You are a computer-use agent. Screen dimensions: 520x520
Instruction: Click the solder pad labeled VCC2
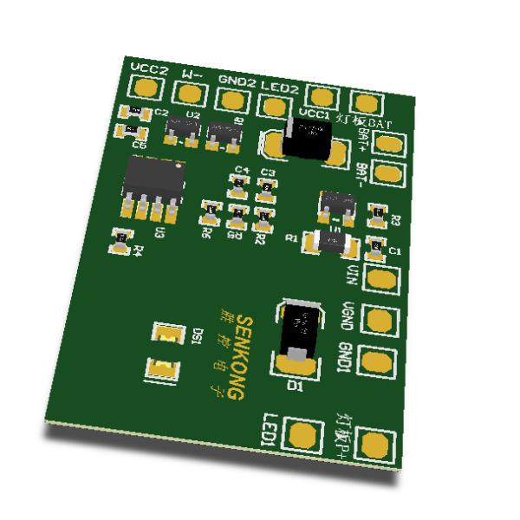(x=148, y=88)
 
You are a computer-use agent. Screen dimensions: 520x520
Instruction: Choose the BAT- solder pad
(x=391, y=174)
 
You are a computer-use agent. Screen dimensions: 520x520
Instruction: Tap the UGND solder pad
(x=375, y=320)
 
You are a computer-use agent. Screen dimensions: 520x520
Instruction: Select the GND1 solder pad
(x=374, y=361)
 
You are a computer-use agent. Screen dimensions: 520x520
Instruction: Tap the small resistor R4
(x=121, y=237)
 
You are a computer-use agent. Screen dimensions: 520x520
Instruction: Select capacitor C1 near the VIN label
(x=376, y=246)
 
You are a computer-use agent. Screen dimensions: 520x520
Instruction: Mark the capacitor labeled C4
(x=237, y=184)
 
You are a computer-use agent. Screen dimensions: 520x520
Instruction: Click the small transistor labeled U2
(x=182, y=127)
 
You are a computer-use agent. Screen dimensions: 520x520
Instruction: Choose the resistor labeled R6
(x=209, y=210)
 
